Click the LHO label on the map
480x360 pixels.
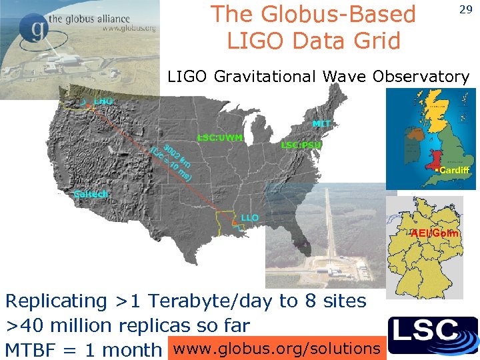point(103,101)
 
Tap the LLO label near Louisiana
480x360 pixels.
point(250,218)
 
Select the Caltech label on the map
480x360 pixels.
point(90,194)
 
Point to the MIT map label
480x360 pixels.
point(321,124)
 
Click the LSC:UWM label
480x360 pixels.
point(219,138)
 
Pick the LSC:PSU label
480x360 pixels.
point(301,145)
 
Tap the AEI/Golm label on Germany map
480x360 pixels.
point(434,233)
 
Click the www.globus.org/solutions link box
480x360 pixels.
point(276,348)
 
